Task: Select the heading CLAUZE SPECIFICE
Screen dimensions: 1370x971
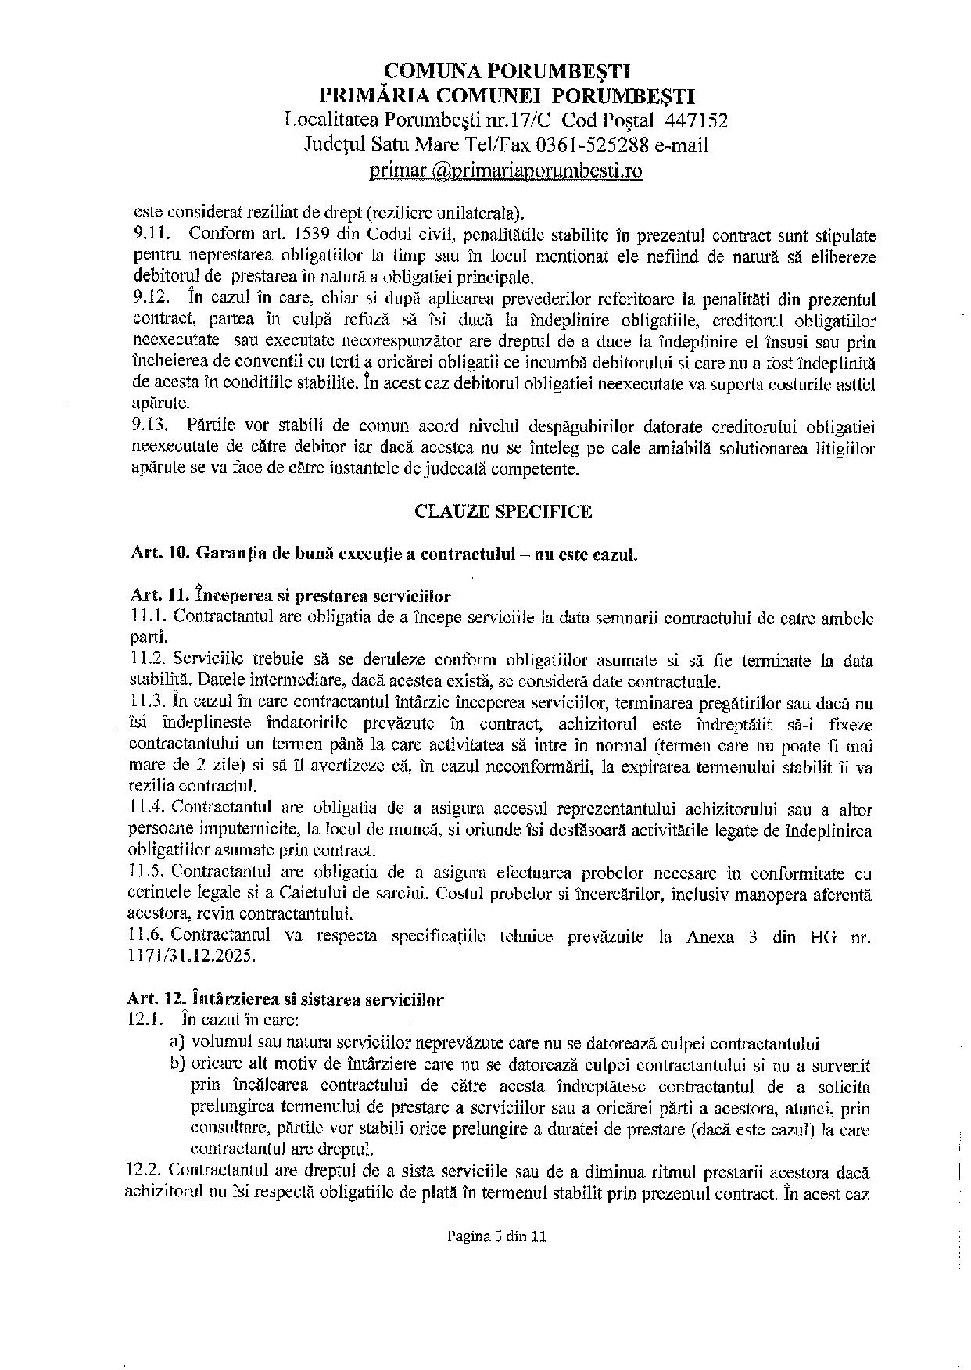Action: point(503,511)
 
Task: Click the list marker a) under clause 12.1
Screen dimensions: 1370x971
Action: point(177,1043)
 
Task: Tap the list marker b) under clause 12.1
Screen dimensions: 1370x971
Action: point(177,1064)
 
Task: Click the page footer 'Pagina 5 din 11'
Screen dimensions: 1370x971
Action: point(496,1237)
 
